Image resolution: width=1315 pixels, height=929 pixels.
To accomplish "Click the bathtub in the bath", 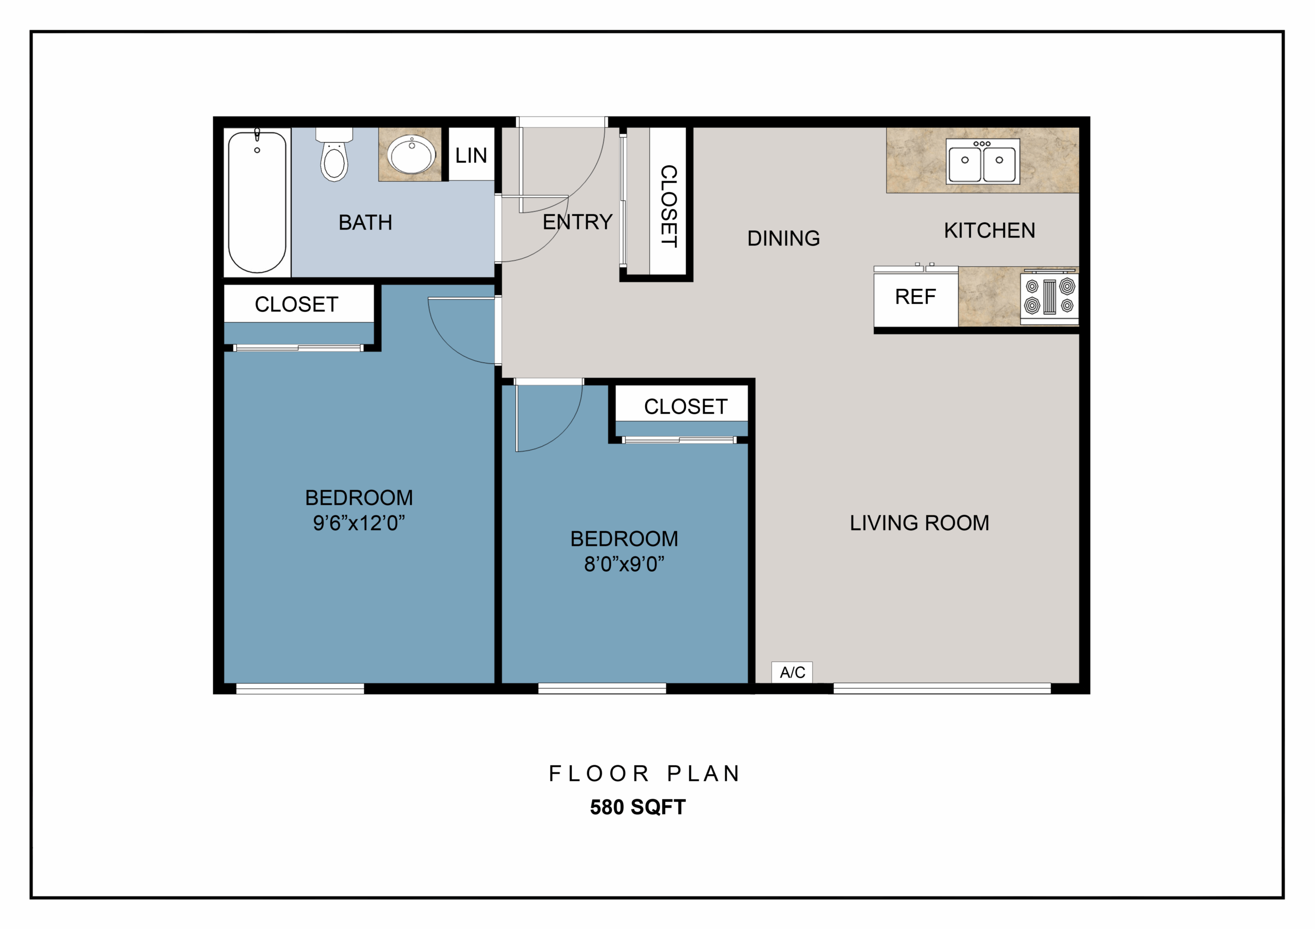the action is click(x=257, y=202).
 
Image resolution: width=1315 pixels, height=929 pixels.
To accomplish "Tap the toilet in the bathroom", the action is click(x=334, y=154).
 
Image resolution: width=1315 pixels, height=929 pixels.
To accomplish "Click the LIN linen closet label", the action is click(x=471, y=155).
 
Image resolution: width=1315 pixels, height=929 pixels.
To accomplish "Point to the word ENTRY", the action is click(x=577, y=222).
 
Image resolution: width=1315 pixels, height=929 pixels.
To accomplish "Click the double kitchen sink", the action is click(x=982, y=161).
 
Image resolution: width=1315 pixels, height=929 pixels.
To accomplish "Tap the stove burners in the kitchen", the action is click(x=1049, y=296).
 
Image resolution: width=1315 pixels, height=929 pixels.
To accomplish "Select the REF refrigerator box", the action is click(x=915, y=297).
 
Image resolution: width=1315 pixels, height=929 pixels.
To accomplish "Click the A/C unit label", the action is click(x=792, y=672).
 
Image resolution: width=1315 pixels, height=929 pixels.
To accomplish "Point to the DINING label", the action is click(x=783, y=238).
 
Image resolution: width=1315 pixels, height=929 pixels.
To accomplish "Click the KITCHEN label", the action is click(x=989, y=230).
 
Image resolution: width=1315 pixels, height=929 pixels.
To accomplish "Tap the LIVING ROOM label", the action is click(x=919, y=522).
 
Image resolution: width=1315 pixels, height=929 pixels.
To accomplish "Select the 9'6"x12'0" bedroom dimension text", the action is click(x=359, y=523).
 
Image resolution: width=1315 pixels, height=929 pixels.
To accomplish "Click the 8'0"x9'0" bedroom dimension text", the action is click(x=624, y=565).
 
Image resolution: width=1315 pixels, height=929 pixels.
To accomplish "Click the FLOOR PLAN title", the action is click(x=644, y=773).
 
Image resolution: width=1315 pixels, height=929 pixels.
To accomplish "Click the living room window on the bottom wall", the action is click(x=942, y=689).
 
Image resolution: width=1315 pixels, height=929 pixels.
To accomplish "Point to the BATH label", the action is click(x=365, y=222).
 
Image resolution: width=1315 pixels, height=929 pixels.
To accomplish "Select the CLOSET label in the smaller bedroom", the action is click(x=686, y=407).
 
